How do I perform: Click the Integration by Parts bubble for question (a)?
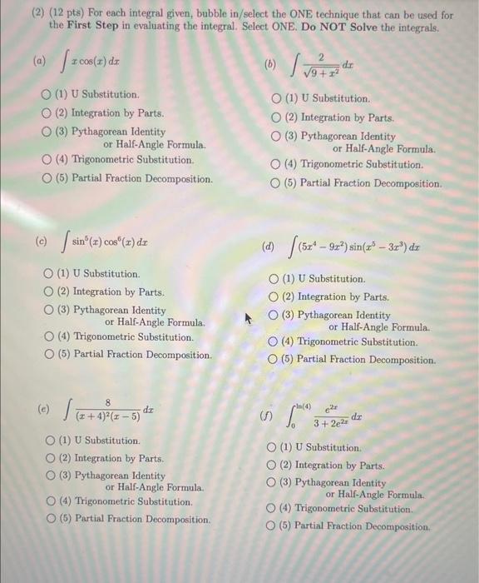pyautogui.click(x=49, y=112)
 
